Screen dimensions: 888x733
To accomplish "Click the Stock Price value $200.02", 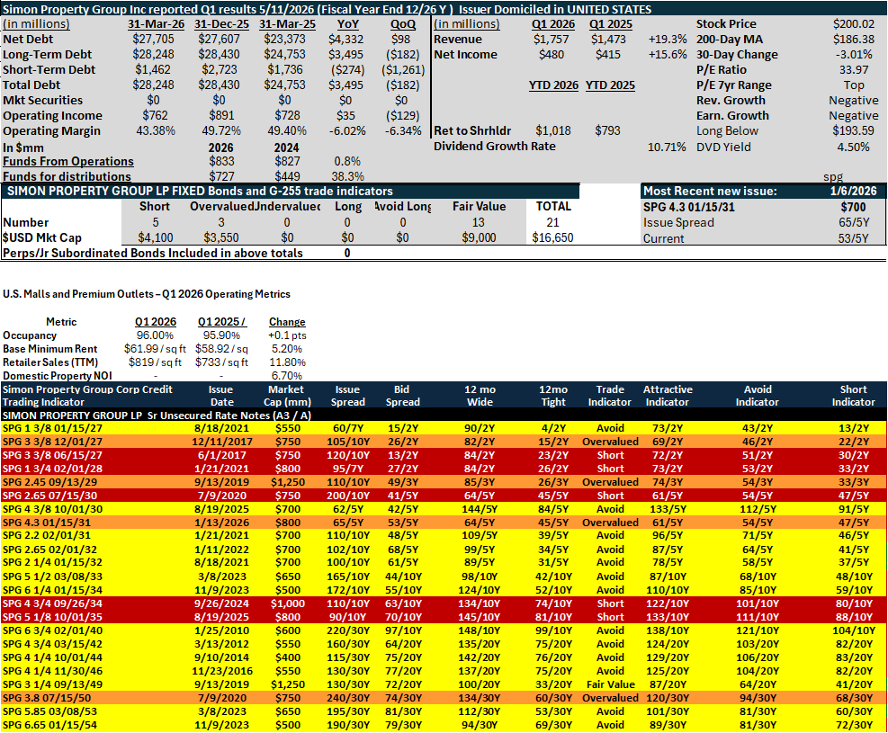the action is [854, 23].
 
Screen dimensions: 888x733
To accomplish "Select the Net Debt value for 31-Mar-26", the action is [154, 39].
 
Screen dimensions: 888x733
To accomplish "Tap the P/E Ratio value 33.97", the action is [854, 69].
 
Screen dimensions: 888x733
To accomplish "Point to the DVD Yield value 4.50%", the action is [854, 147].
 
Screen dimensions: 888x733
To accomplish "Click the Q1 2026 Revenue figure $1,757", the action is [551, 39].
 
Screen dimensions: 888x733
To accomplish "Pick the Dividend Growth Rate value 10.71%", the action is [667, 147].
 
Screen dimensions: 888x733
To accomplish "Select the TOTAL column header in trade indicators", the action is [553, 207].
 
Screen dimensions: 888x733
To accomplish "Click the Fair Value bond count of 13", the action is [479, 222].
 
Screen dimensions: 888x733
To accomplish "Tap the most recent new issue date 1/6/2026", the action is [854, 192].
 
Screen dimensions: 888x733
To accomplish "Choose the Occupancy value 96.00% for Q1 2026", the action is [155, 335].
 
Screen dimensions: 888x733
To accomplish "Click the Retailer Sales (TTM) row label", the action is [50, 362].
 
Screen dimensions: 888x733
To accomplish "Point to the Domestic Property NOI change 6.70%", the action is [287, 376].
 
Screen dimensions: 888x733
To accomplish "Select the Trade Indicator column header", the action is [610, 396].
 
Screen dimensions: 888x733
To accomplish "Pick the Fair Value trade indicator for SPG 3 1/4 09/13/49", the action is [611, 685].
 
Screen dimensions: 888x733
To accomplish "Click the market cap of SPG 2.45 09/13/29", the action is [288, 482].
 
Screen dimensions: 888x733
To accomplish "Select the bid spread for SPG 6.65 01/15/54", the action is [403, 725].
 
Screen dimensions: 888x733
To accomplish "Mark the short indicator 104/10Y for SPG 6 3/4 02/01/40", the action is [854, 630].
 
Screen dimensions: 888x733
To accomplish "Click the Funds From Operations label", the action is [68, 161].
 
